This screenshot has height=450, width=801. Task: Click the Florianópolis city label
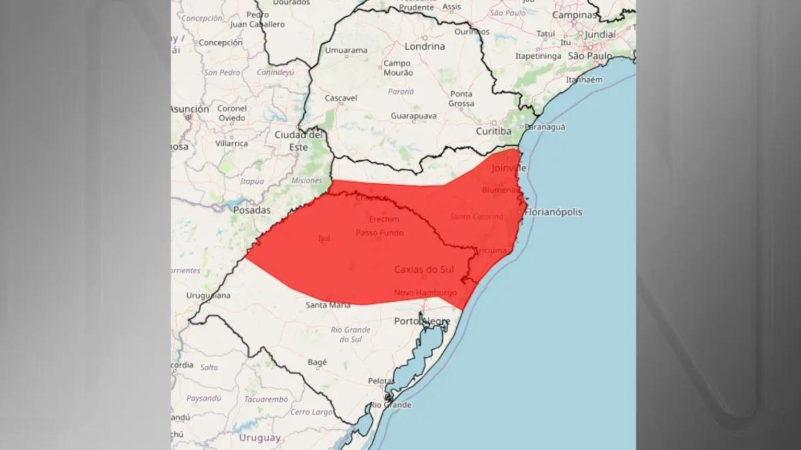coord(553,212)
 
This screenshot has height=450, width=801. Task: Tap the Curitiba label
coord(494,131)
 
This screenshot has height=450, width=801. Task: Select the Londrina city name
coord(424,46)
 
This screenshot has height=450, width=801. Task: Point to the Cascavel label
coord(341,98)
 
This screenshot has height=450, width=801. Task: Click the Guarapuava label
coord(413,116)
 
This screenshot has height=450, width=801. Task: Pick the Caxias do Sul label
coord(424,270)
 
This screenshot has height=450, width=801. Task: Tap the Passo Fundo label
coord(379,232)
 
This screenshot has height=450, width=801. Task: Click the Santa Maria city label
coord(328,305)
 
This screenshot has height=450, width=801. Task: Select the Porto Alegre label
coord(422,321)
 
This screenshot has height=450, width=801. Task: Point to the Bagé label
coord(317,362)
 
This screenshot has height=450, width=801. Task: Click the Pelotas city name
coord(381,381)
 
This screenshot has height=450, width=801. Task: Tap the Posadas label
coord(252,210)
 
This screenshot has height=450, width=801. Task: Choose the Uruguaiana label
coord(208,296)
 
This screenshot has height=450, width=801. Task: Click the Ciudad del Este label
coord(299,141)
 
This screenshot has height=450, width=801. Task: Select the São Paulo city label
coord(590,56)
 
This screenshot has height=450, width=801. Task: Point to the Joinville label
coord(509,168)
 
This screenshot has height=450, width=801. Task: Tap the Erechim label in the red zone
coord(384,219)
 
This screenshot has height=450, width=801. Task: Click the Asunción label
coord(190,109)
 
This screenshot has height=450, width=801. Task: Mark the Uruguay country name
coord(259,438)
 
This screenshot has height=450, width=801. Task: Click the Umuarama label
coord(346,50)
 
